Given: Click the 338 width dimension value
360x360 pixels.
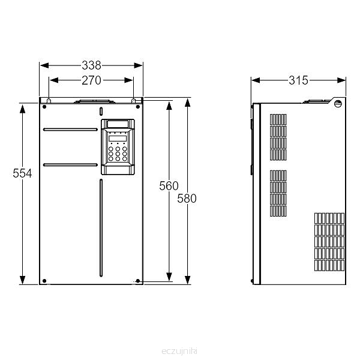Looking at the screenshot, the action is [91, 65].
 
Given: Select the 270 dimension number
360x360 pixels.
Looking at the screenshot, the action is [91, 80].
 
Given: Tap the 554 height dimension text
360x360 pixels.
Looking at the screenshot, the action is [22, 173].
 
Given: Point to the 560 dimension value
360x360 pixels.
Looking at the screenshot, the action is [169, 186].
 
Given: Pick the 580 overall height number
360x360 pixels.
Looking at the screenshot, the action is [187, 199].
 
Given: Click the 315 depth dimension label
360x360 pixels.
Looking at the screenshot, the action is [298, 80].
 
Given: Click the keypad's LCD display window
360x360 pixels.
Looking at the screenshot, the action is [118, 139].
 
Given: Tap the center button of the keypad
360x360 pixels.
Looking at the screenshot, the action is [118, 154].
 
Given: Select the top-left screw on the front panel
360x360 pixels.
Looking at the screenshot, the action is [44, 107].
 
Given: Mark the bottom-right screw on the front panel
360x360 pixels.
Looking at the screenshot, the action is [138, 281].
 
